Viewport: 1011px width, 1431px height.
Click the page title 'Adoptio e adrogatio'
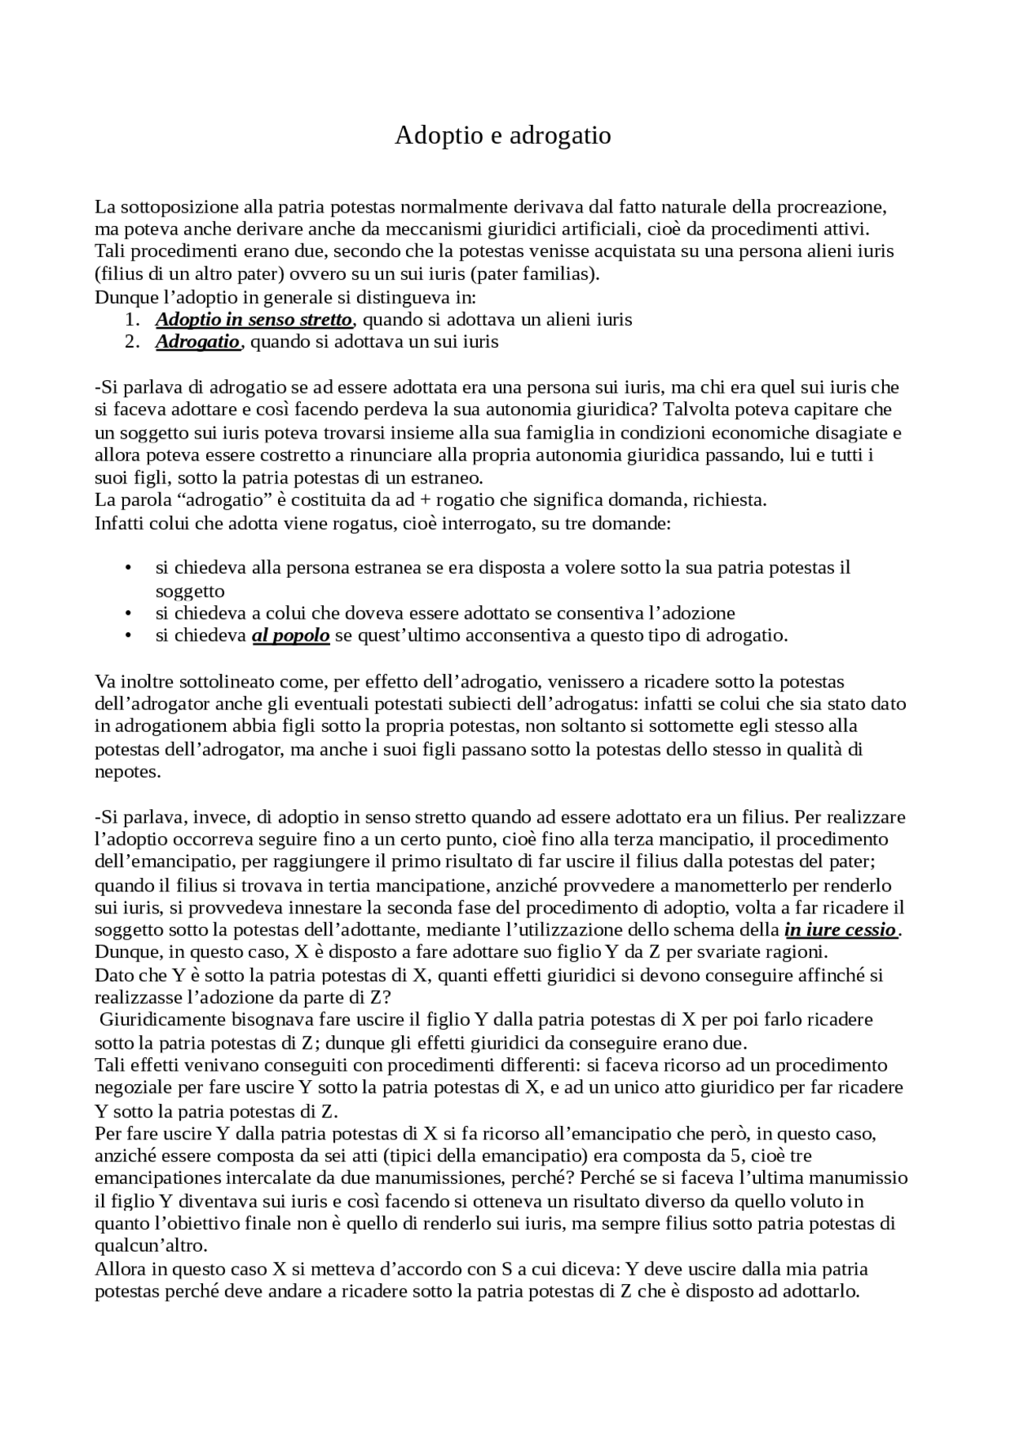(502, 136)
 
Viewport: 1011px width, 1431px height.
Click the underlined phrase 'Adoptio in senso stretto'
(253, 320)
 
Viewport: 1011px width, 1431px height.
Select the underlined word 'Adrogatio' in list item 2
(197, 342)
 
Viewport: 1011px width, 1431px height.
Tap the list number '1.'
(132, 320)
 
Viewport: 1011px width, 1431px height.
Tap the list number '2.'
(132, 342)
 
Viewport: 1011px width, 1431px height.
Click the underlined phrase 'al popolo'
(291, 635)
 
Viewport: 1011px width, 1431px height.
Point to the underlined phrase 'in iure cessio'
(841, 929)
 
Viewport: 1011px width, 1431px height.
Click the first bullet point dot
(127, 568)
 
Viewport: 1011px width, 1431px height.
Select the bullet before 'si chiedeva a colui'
(127, 613)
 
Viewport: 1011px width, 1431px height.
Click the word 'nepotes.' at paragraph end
(127, 772)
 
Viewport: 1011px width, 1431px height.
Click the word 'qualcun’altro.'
(151, 1246)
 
